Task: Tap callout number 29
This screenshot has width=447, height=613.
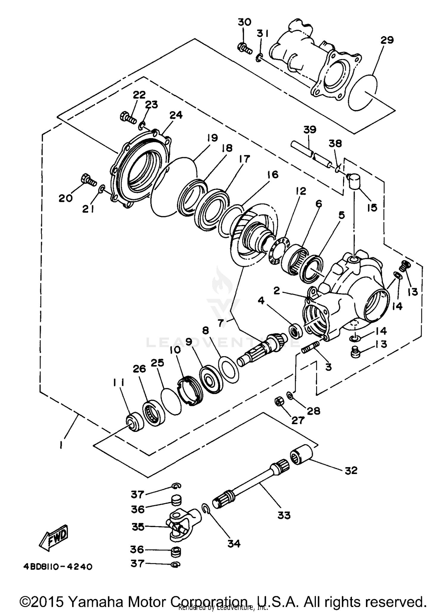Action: [x=387, y=40]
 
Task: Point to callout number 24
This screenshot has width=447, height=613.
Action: [x=176, y=115]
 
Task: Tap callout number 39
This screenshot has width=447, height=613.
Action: [x=310, y=130]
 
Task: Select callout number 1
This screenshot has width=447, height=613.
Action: [x=61, y=446]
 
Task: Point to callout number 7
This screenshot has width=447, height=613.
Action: [x=221, y=323]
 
